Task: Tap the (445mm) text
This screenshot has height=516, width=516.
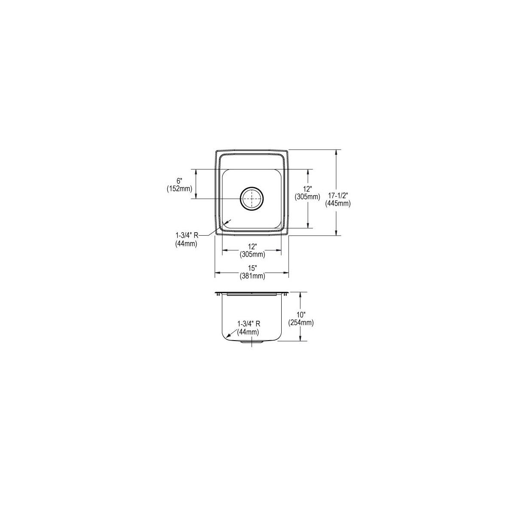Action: pos(338,204)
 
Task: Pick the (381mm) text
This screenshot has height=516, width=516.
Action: pos(252,276)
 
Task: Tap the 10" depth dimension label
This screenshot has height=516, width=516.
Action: pos(301,316)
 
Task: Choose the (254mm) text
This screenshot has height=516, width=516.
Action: pos(301,323)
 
